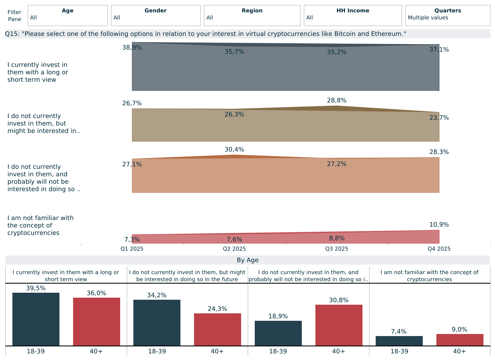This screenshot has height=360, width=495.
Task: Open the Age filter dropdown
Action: [67, 16]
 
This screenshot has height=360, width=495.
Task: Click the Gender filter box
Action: [156, 16]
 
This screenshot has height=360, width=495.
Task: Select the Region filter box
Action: [252, 16]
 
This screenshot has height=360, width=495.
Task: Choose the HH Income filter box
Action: [353, 16]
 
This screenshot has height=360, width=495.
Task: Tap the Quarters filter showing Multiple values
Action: [448, 16]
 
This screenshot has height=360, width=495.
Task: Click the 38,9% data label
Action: [132, 47]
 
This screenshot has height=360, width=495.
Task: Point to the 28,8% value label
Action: [336, 100]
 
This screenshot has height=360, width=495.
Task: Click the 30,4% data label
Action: [234, 149]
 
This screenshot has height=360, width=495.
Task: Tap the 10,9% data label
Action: [439, 225]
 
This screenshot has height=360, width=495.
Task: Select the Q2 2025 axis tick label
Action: [234, 249]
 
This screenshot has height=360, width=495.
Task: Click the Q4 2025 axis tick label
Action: [439, 249]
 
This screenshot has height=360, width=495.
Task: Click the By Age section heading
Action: [247, 260]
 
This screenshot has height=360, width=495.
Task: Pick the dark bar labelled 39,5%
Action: [36, 319]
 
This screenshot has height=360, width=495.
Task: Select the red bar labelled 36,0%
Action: [97, 322]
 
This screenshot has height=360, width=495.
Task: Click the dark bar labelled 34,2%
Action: [157, 323]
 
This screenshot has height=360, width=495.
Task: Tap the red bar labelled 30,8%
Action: [339, 325]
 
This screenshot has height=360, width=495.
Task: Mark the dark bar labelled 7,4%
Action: [399, 341]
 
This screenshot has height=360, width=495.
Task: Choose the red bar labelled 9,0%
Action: [459, 340]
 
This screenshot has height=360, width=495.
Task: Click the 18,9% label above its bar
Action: [278, 316]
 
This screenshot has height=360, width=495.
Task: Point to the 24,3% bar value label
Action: [217, 309]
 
